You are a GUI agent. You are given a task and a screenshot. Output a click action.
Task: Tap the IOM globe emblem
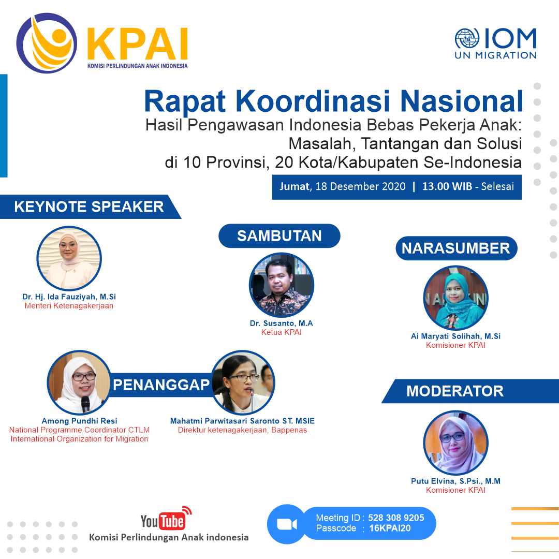coord(467,38)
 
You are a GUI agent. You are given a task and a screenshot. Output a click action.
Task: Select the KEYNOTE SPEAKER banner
coord(89,207)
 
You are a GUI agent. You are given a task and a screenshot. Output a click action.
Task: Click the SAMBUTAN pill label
coord(279,236)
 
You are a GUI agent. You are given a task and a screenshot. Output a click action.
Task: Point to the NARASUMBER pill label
coord(456,248)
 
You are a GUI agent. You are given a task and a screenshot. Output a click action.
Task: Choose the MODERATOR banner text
coord(455,391)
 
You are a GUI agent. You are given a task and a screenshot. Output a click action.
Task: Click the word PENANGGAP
coord(161,385)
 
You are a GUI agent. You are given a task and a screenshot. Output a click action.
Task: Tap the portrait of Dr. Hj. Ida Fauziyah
coord(69,258)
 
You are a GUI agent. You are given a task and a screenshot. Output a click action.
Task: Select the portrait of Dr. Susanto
coord(281,285)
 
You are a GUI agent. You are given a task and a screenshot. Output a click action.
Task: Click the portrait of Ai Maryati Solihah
coord(455,298)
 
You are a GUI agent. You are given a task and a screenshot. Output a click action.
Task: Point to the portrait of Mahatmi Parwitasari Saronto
coord(243,383)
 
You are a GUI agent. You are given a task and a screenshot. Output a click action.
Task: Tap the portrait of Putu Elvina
coord(455,443)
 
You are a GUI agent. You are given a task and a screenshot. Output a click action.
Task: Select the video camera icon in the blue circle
coord(287,524)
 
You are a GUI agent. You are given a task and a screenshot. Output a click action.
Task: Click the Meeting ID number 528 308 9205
coord(396,518)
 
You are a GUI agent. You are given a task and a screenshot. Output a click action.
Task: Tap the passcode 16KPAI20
coord(390,528)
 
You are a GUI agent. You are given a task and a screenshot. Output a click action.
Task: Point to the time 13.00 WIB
coord(447,186)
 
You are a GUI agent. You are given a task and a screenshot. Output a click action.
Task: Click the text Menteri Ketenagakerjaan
coord(69,306)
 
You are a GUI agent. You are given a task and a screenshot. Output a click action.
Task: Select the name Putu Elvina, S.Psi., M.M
coord(455,481)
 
